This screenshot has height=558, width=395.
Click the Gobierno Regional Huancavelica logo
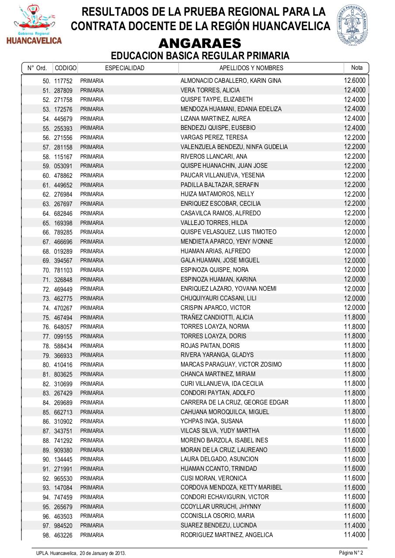34,25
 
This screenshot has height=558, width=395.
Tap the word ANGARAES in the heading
200,44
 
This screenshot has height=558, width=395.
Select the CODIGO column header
65,68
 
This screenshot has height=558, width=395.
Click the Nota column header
357,68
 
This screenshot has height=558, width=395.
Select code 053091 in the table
63,166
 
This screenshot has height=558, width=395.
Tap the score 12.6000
354,81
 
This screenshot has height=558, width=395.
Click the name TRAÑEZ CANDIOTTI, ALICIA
216,317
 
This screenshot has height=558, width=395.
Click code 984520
63,526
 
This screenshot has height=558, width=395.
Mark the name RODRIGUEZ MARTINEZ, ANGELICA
227,535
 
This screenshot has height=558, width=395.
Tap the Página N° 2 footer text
351,553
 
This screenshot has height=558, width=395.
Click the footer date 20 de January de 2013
103,553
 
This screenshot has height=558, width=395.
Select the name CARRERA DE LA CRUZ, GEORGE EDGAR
234,402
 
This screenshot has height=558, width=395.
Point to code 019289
63,251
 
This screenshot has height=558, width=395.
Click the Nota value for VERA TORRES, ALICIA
354,90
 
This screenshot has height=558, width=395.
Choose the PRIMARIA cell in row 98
92,535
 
